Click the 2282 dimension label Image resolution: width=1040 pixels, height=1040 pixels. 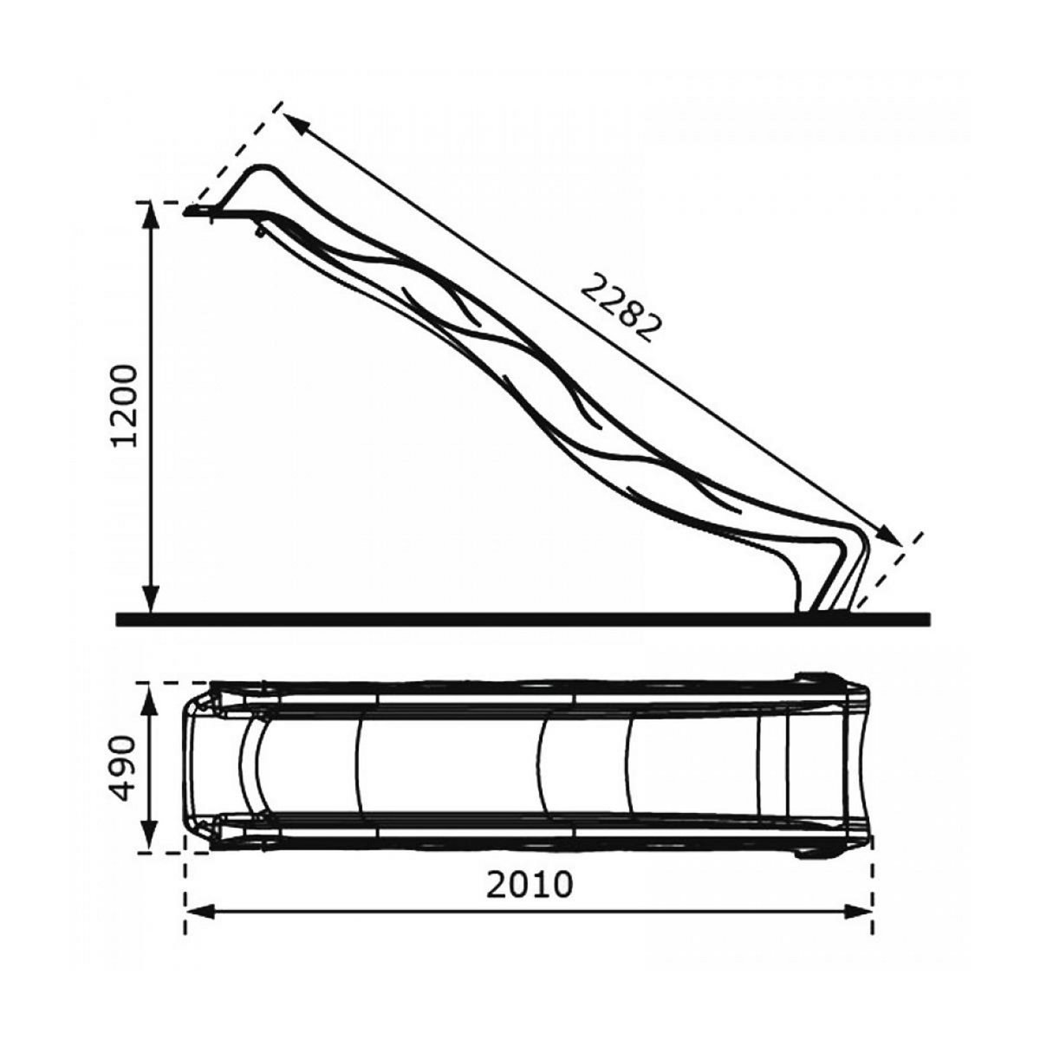[622, 308]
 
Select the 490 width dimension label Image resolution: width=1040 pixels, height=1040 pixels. [124, 768]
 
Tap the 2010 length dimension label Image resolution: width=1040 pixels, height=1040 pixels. [530, 885]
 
